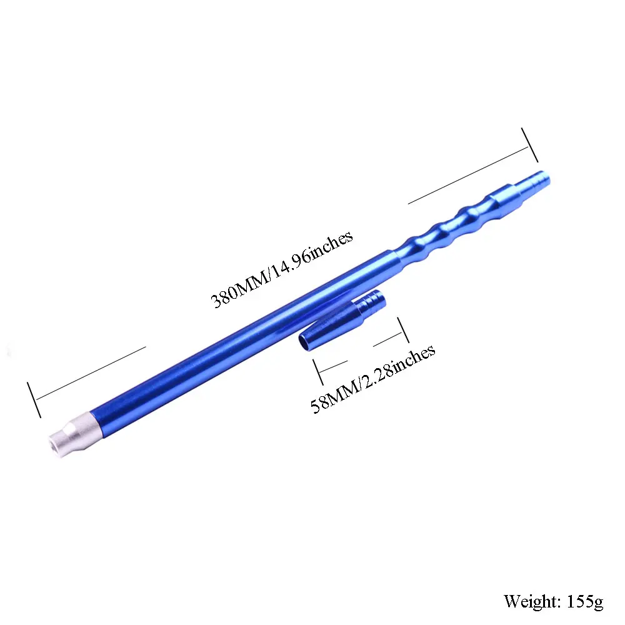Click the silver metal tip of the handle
coord(72,433)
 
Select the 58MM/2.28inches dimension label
coord(372,378)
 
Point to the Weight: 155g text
coord(553,601)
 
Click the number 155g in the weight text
coord(585,601)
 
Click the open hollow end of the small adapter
coord(306,342)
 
